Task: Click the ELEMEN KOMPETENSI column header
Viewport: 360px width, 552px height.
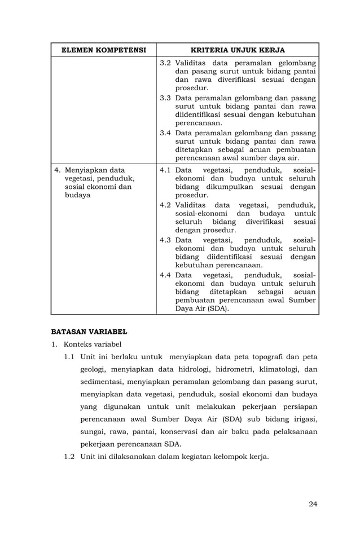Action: pos(103,50)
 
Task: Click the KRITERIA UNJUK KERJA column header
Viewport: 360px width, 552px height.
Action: pos(238,50)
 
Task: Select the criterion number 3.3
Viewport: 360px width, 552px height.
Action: pos(165,98)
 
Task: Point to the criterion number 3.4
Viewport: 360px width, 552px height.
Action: pos(165,133)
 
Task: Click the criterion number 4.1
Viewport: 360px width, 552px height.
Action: pos(165,170)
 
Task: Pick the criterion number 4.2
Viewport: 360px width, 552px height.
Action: pos(165,205)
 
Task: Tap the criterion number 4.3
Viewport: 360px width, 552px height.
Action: pos(165,240)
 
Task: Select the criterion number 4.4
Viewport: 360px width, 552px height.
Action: pos(165,275)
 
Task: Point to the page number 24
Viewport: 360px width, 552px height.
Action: pos(313,504)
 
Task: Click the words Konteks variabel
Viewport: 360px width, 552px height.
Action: pos(93,344)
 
